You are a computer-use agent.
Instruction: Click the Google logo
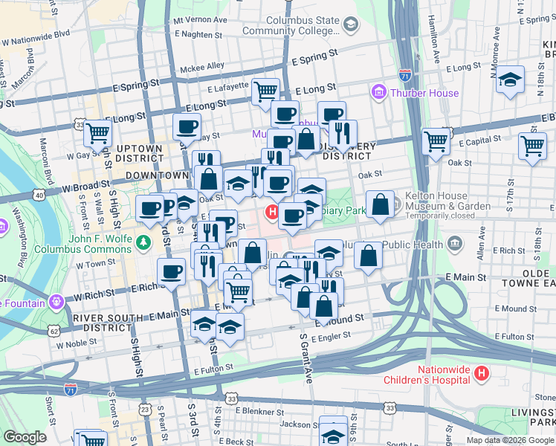(25, 437)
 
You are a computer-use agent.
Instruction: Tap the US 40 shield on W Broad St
(38, 195)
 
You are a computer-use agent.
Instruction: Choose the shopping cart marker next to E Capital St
(436, 140)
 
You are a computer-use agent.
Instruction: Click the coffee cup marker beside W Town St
(172, 271)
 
